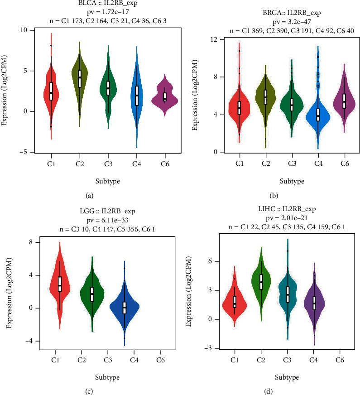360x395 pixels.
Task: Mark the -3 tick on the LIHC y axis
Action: [211, 348]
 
